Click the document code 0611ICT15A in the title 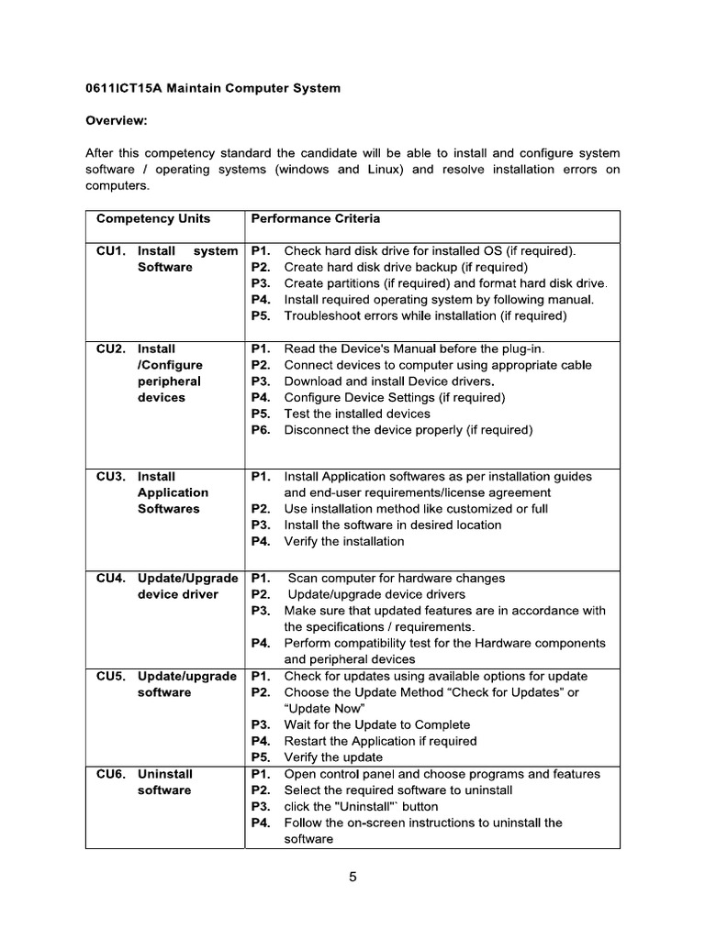(x=123, y=89)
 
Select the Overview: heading (x=117, y=121)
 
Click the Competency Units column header (x=153, y=218)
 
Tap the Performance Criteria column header (x=315, y=218)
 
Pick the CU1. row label (x=111, y=250)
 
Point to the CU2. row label (x=111, y=348)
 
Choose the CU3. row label (x=111, y=476)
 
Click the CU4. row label (x=111, y=578)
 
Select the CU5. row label (x=111, y=676)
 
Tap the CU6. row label (x=111, y=774)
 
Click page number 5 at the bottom (x=352, y=877)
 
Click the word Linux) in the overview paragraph (x=384, y=170)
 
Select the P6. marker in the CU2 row (x=261, y=430)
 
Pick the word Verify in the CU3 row (x=301, y=541)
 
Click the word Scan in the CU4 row (x=303, y=578)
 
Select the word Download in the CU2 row (x=313, y=381)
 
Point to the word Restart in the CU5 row (x=307, y=741)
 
